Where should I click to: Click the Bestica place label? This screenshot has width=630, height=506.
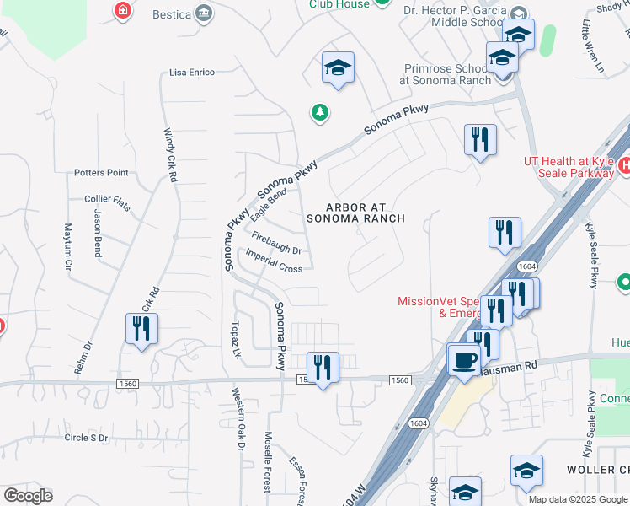click(x=172, y=14)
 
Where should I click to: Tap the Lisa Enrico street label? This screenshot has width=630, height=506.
click(x=192, y=73)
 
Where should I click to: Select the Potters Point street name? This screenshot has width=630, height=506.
click(x=101, y=173)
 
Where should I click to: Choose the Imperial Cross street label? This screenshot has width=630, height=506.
click(x=274, y=262)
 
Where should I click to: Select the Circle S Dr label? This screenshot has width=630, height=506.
click(x=87, y=439)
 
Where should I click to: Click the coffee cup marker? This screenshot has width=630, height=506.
click(x=462, y=359)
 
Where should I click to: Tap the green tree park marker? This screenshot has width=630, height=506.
click(x=319, y=112)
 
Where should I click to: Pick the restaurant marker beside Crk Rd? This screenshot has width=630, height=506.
click(x=141, y=328)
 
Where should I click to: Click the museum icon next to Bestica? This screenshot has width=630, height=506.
click(x=204, y=13)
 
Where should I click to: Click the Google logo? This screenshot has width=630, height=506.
click(x=28, y=496)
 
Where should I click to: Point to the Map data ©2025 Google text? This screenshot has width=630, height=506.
click(x=578, y=499)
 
